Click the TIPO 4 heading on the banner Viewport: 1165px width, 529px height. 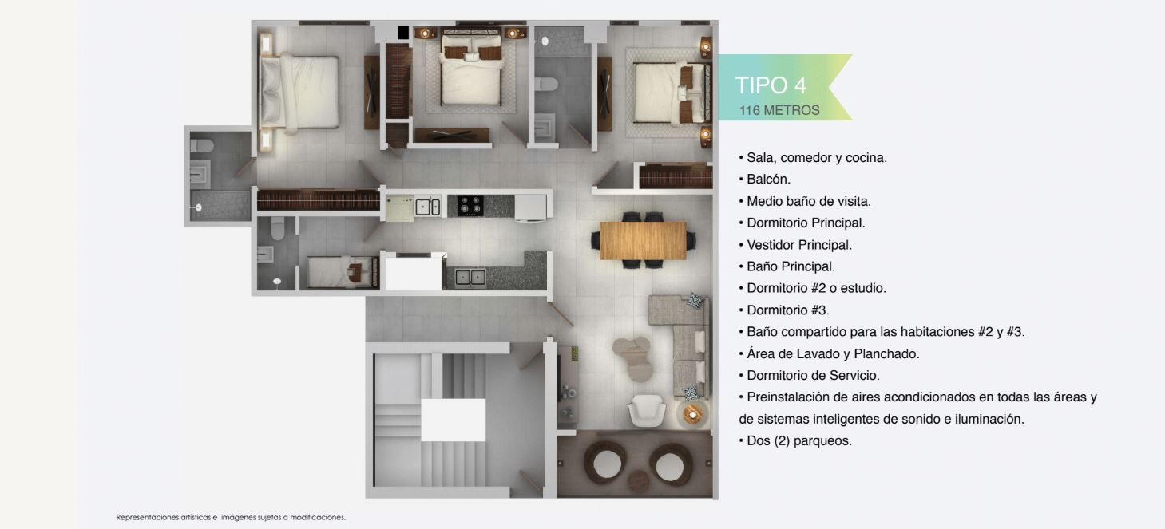771,85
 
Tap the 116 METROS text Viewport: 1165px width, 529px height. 779,110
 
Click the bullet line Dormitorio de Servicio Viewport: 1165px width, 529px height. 809,375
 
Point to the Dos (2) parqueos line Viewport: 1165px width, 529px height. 795,440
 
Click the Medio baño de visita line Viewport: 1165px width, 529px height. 805,201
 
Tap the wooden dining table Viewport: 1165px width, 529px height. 643,241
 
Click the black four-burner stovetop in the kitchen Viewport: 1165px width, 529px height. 470,206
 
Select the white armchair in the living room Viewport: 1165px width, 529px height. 647,411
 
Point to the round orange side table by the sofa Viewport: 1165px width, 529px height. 693,414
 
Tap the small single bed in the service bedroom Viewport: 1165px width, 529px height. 343,271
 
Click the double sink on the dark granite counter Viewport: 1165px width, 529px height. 470,277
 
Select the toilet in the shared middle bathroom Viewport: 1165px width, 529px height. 546,84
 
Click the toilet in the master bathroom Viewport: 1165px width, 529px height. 202,145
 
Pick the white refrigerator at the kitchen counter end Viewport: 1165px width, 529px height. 530,207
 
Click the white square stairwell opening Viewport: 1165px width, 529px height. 453,420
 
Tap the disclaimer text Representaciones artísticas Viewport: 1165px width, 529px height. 164,518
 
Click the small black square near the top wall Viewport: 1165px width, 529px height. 403,32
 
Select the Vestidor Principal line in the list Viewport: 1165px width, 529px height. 795,245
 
